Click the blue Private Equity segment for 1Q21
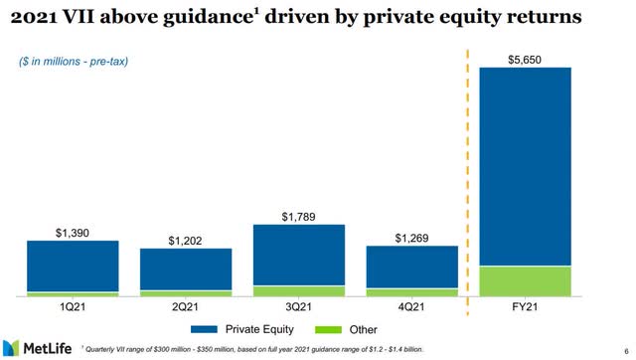tap(73, 266)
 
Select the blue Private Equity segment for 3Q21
tap(299, 255)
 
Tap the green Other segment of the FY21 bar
tap(525, 280)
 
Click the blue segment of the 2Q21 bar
tap(186, 269)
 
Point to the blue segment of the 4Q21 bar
tap(412, 267)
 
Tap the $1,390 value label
tap(73, 231)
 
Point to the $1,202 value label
tap(186, 240)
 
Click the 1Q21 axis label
tap(73, 306)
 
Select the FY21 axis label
tap(525, 306)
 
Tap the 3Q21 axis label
tap(299, 306)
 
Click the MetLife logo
tap(41, 344)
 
